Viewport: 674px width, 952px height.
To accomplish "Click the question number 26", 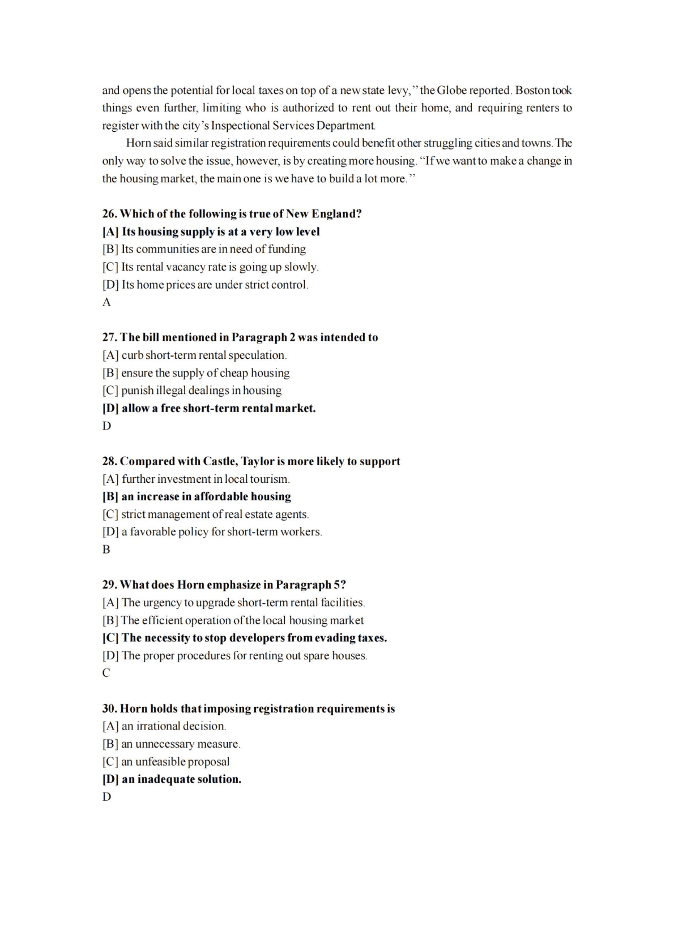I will [109, 214].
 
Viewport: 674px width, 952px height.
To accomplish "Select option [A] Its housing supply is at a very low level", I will [211, 231].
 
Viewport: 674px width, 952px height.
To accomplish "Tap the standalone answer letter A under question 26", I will [106, 302].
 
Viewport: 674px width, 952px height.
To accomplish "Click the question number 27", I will [109, 337].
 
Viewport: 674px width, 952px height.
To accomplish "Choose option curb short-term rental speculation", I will [194, 355].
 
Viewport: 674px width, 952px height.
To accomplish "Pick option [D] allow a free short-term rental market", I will [208, 408].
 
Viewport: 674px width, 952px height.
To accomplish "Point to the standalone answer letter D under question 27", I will [106, 426].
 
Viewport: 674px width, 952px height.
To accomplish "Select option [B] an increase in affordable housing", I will [197, 496].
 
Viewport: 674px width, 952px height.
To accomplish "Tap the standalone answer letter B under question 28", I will [106, 549].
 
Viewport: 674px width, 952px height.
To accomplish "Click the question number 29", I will [109, 585].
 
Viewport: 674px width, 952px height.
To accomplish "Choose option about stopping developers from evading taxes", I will [244, 638].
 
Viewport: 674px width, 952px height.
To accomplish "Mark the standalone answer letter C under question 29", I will [106, 673].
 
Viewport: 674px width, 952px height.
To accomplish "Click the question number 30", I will [109, 709].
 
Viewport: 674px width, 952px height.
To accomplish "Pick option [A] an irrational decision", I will [164, 726].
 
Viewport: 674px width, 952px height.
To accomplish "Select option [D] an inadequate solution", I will [172, 779].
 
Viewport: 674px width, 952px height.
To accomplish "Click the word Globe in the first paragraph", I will [452, 91].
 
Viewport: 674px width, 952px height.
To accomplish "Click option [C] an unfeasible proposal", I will [166, 762].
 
